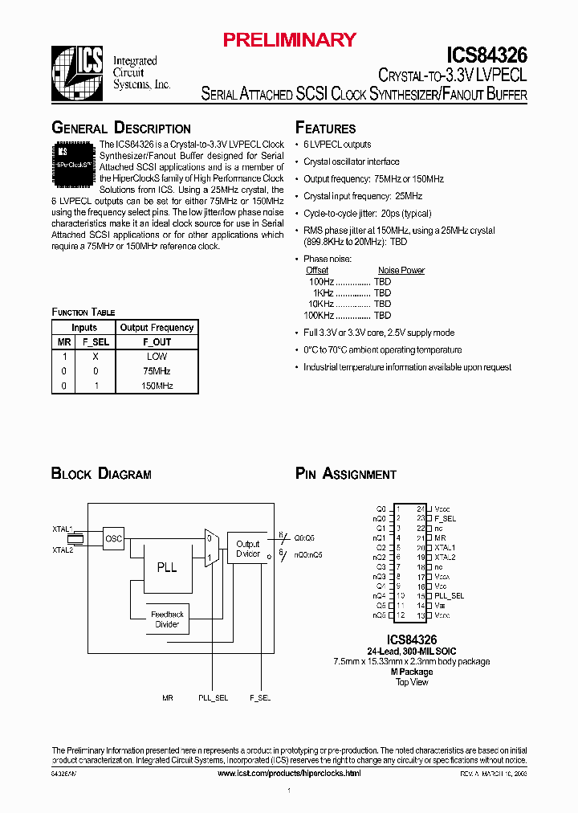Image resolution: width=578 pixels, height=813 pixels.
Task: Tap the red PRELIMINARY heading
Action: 289,39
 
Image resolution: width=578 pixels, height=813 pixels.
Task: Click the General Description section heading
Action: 121,129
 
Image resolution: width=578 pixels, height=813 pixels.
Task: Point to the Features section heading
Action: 326,129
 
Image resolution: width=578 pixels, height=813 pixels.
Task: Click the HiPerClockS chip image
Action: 74,158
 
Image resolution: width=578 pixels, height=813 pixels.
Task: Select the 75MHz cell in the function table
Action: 157,371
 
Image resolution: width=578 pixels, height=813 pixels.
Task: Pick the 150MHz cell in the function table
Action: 157,386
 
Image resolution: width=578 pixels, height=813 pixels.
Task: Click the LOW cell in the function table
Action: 157,356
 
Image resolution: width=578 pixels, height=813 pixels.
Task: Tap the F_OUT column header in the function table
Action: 157,341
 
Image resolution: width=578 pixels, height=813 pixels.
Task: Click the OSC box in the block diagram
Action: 114,539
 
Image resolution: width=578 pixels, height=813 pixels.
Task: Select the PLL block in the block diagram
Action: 167,567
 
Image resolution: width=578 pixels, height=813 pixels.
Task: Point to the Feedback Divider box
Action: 167,619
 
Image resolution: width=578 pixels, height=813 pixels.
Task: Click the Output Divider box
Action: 248,549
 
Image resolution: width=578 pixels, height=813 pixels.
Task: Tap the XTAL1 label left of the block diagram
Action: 63,529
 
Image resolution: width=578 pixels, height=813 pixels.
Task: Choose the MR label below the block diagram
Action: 167,698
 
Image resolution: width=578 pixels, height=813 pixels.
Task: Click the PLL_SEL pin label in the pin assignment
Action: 449,596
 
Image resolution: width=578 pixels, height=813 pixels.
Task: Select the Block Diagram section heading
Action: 101,474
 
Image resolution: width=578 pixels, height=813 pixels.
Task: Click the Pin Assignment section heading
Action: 346,474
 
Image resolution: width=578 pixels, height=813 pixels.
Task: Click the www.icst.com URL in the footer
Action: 289,773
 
